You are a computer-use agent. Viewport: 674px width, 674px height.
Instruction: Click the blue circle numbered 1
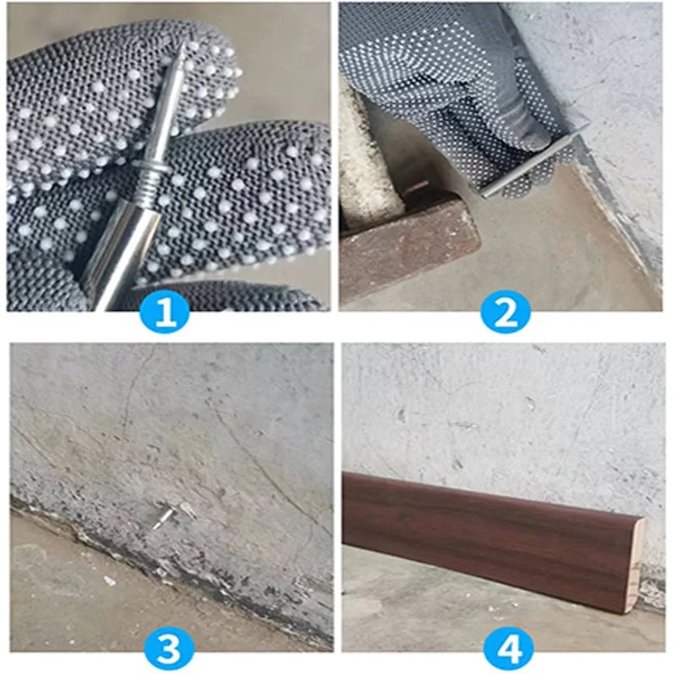[166, 313]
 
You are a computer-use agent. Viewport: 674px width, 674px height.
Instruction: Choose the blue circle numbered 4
[507, 649]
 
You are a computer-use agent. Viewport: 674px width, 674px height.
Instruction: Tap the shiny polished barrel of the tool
[122, 253]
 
